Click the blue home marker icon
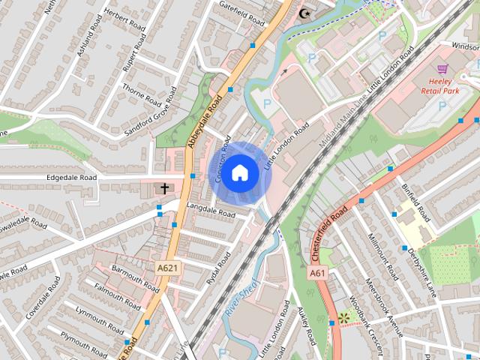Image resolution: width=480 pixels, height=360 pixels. pyautogui.click(x=239, y=172)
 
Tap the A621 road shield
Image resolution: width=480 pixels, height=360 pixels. pyautogui.click(x=167, y=267)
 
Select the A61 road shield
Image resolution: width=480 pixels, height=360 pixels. pyautogui.click(x=316, y=274)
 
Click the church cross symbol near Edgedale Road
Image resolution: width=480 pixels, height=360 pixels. pyautogui.click(x=164, y=188)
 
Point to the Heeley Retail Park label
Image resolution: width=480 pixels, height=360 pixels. pyautogui.click(x=449, y=86)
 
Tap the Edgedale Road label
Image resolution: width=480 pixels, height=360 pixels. pyautogui.click(x=71, y=178)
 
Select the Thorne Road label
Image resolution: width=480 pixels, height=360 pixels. pyautogui.click(x=141, y=94)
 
